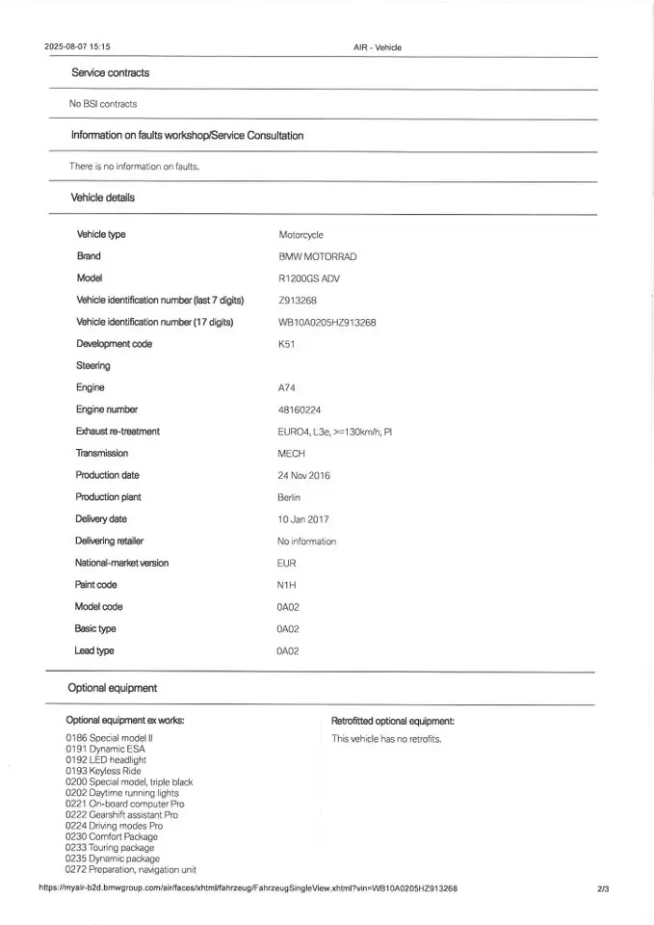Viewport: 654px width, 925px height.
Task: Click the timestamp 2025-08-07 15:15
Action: coord(77,46)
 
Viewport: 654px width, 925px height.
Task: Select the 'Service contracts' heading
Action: coord(110,73)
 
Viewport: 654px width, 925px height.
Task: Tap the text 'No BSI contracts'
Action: coord(103,104)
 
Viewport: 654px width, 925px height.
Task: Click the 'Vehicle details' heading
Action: coord(102,198)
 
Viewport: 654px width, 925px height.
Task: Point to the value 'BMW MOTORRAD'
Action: coord(317,257)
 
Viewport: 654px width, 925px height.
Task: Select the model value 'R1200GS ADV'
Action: coord(308,278)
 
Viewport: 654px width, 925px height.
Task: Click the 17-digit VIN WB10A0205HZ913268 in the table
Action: coord(327,323)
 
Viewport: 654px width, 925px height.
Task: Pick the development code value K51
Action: coord(286,344)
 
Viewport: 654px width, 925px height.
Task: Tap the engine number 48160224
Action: coord(299,410)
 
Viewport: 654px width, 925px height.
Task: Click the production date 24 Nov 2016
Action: coord(303,475)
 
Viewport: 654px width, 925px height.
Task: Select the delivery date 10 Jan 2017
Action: coord(302,519)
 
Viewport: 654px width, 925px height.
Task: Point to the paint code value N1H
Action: coord(286,585)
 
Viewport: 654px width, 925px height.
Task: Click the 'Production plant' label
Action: coord(108,497)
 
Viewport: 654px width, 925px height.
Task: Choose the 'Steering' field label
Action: coord(92,366)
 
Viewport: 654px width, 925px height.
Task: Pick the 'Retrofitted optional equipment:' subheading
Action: coord(392,721)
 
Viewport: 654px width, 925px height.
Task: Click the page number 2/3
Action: coord(603,888)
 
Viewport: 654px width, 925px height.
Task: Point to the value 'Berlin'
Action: coord(289,497)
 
